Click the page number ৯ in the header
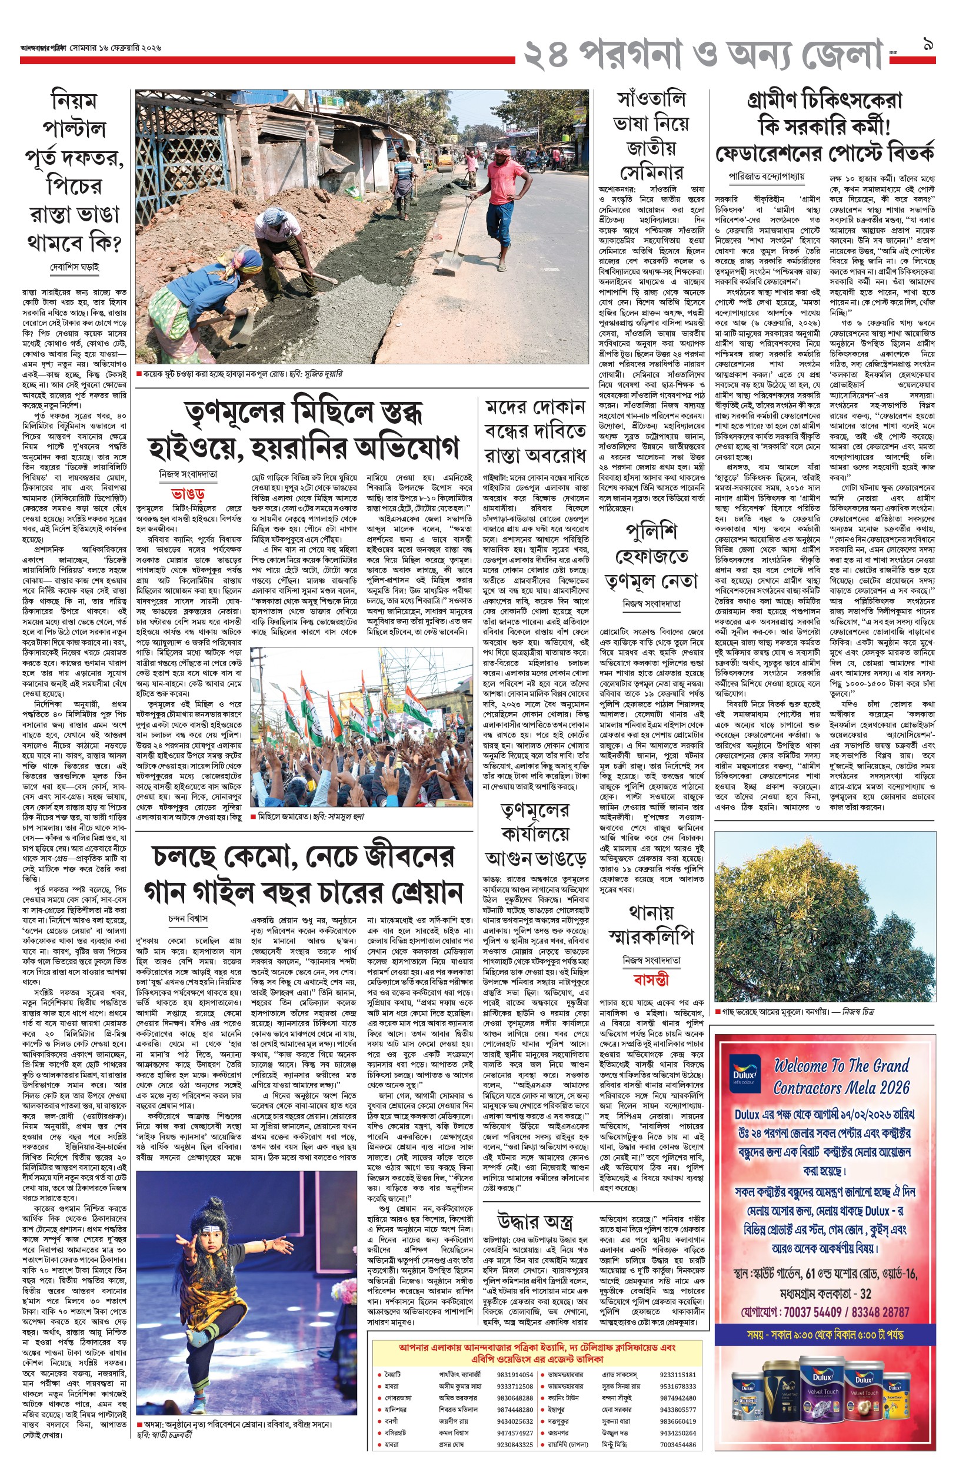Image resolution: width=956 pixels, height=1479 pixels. pos(928,45)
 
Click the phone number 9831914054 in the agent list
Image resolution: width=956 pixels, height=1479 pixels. pos(515,1375)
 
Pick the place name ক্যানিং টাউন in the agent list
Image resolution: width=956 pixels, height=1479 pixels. pos(563,1398)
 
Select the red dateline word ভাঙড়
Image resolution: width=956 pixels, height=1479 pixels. pos(188,495)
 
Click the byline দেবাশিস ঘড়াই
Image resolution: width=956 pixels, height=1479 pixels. pos(74,268)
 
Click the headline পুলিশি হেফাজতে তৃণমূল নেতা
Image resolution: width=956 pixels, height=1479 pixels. pos(651,557)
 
